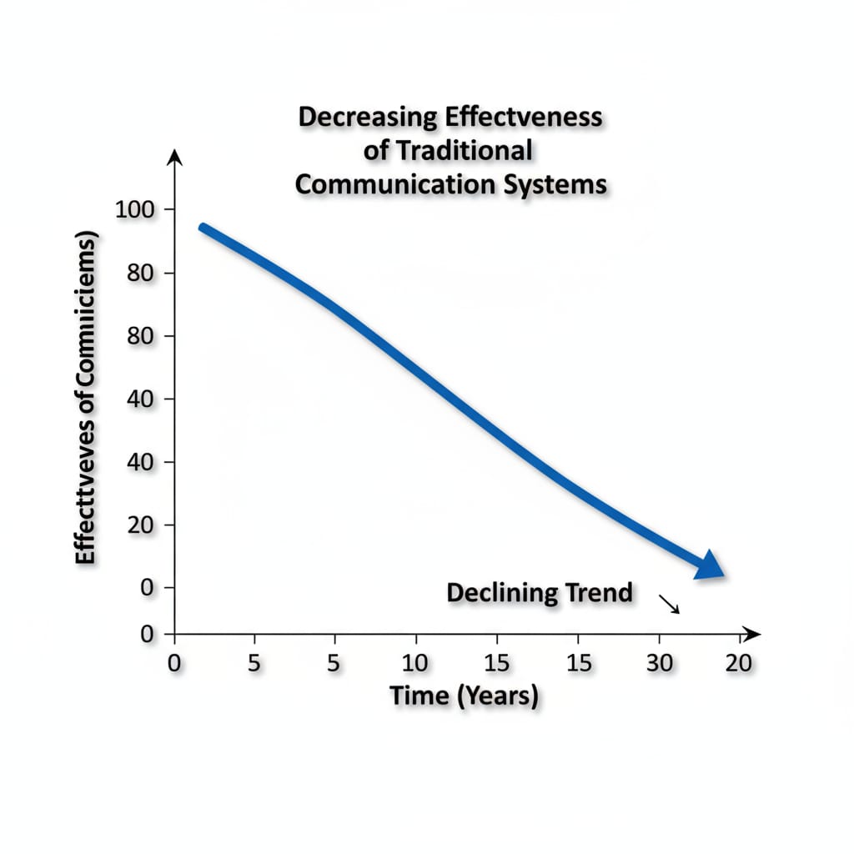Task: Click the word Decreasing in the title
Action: click(x=367, y=118)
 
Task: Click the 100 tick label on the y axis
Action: click(x=134, y=209)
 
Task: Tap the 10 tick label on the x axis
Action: click(x=414, y=664)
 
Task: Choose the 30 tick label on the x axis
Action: click(x=659, y=664)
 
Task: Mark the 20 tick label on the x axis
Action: click(x=739, y=664)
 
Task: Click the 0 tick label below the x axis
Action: click(x=173, y=664)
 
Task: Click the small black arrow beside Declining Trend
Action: click(x=670, y=604)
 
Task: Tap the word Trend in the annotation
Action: click(x=599, y=594)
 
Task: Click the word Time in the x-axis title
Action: click(x=419, y=695)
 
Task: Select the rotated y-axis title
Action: click(x=86, y=399)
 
